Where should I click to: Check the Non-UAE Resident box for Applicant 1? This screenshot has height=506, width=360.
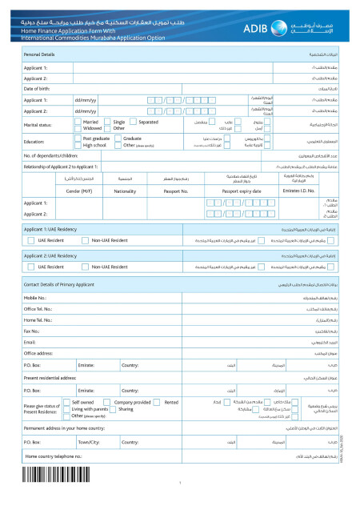(85, 240)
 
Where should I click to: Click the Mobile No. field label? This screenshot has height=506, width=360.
(36, 297)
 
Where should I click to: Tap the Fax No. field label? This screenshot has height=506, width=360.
(32, 330)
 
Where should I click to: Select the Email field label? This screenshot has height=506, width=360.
(30, 341)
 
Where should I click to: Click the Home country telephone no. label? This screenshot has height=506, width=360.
(54, 456)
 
